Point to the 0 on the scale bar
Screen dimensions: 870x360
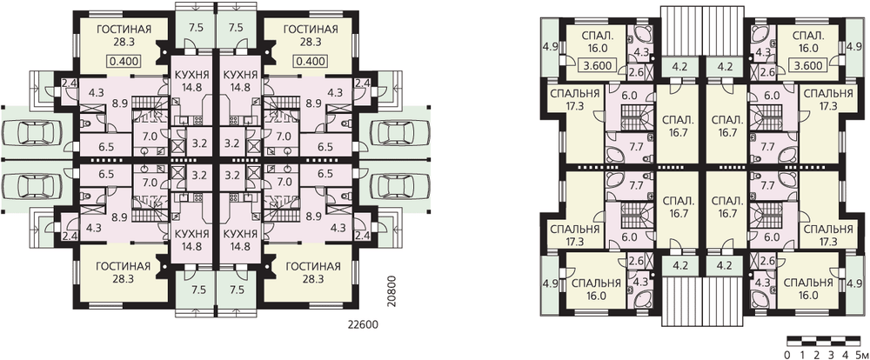(788, 354)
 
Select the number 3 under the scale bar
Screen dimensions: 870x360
(831, 354)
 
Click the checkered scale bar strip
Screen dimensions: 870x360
(823, 340)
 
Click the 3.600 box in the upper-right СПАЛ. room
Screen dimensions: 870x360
(808, 64)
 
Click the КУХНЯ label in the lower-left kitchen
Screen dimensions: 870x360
(186, 232)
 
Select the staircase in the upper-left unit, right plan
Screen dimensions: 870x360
(631, 119)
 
